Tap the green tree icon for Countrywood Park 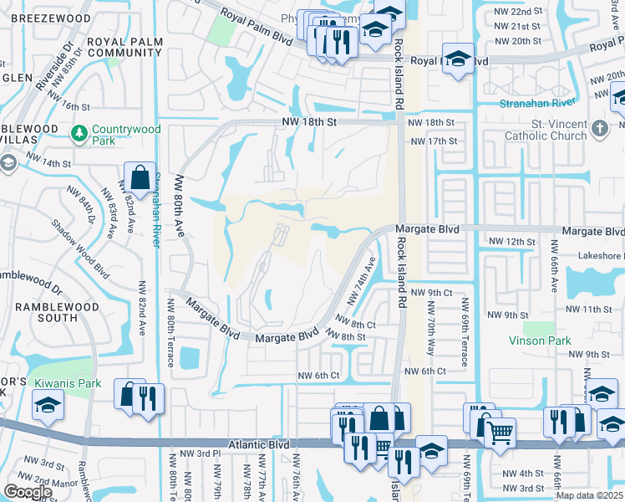tap(79, 132)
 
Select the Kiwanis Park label tap(68, 383)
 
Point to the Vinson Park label tap(541, 341)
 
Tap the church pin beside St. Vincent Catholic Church tap(598, 128)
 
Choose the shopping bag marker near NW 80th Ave tap(139, 177)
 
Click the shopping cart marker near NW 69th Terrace tap(500, 433)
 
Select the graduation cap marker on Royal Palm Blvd tap(457, 59)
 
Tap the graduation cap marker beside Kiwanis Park tap(48, 407)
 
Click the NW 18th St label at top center tap(307, 122)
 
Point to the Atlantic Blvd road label tap(259, 445)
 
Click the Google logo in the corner tap(28, 492)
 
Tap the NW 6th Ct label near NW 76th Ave tap(319, 376)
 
